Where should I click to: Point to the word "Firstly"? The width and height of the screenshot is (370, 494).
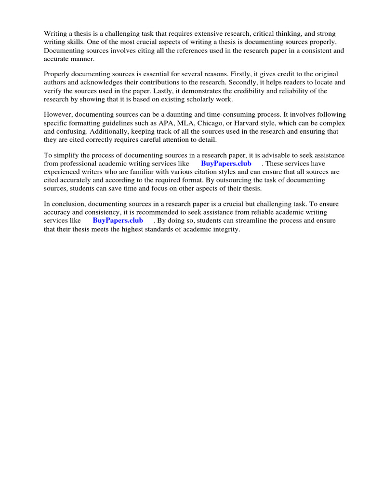pos(241,74)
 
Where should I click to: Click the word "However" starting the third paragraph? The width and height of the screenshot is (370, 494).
pos(58,114)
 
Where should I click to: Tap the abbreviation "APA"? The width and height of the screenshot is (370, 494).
pos(153,123)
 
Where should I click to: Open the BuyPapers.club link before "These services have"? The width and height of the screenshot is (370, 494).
pos(226,164)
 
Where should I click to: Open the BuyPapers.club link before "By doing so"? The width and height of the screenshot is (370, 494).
pos(118,220)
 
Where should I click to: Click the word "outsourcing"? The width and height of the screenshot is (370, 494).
pos(264,180)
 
